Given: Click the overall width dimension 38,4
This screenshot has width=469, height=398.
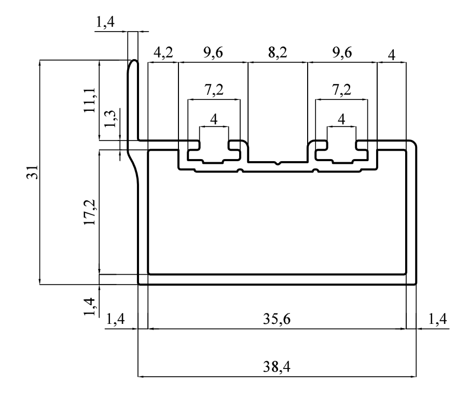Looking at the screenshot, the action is (x=277, y=366).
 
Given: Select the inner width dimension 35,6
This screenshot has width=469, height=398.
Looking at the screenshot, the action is (x=277, y=319).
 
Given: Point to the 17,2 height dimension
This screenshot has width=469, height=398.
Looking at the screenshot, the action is (x=89, y=212).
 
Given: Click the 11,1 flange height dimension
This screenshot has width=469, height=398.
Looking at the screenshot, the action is (x=89, y=101).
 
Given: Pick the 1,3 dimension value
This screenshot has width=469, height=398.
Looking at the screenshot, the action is (x=110, y=119).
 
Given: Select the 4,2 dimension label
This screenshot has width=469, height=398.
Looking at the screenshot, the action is (x=163, y=53).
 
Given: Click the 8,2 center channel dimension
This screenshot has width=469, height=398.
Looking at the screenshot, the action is (x=278, y=53).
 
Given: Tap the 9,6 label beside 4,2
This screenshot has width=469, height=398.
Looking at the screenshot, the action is (x=213, y=53).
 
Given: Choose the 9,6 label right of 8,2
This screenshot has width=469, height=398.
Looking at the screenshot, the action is (x=342, y=53).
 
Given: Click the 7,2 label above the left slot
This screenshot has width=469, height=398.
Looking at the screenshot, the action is (x=214, y=90).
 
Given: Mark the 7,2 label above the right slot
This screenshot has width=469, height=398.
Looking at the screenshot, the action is (x=341, y=90).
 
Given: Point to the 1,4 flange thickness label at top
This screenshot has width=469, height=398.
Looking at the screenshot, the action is (x=105, y=22).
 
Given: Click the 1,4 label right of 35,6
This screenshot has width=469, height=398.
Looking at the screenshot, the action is (x=437, y=319).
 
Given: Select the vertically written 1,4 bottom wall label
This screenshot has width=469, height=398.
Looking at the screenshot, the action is (x=89, y=307).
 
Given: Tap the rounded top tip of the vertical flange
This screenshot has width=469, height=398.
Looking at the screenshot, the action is (x=134, y=60).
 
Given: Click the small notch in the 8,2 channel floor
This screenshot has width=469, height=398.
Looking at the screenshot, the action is (x=278, y=163).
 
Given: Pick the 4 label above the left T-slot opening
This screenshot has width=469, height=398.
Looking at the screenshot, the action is (x=214, y=119).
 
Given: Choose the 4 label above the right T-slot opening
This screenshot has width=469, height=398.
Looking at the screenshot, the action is (x=341, y=119).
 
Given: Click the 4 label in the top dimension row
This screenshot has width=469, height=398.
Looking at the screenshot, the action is (x=392, y=55).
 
